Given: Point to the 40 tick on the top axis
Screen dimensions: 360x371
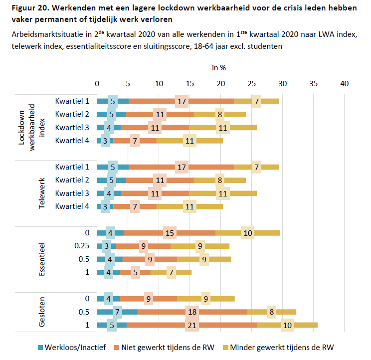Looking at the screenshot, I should click(x=344, y=84).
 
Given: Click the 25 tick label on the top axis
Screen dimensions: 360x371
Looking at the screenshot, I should click(x=251, y=84).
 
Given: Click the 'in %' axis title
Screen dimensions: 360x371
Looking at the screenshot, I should click(x=220, y=67).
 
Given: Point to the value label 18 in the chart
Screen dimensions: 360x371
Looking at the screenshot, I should click(x=192, y=312).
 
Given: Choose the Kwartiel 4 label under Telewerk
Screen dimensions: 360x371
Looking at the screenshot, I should click(x=73, y=206).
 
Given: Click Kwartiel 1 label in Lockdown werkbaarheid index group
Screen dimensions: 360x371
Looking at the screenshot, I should click(x=73, y=101).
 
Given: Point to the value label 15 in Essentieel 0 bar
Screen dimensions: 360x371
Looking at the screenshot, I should click(x=170, y=233).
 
